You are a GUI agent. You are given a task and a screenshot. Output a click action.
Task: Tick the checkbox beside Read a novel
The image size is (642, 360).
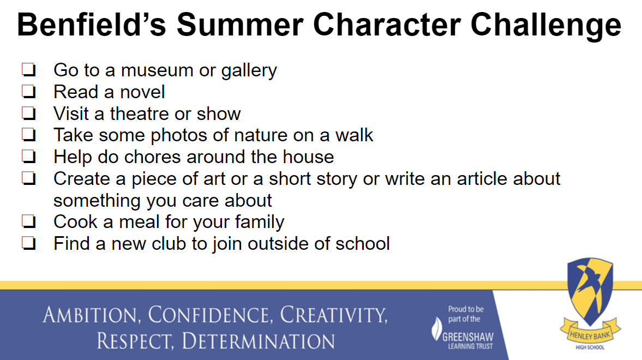29,91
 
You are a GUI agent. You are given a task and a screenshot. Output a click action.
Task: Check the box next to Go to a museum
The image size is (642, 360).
29,70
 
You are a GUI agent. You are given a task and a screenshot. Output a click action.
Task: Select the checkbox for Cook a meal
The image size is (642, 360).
29,221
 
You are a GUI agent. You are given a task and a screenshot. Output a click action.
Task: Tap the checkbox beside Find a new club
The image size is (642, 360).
29,243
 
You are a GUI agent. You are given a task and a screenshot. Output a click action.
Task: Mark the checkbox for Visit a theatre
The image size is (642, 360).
29,113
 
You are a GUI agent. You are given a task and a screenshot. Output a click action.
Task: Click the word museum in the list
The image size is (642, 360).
157,70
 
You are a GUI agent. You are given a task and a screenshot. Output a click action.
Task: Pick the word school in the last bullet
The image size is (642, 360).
363,244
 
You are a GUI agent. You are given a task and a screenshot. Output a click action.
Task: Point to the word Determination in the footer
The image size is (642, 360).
258,341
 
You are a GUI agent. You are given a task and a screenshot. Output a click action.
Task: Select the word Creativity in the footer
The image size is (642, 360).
334,315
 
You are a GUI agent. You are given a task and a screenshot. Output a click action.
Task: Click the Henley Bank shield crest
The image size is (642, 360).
590,290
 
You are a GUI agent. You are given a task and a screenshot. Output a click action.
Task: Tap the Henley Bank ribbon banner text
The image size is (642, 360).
590,335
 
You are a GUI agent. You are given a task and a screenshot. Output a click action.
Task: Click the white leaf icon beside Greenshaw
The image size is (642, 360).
437,329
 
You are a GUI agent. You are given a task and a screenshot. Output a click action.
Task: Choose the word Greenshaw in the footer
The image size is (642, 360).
468,337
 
